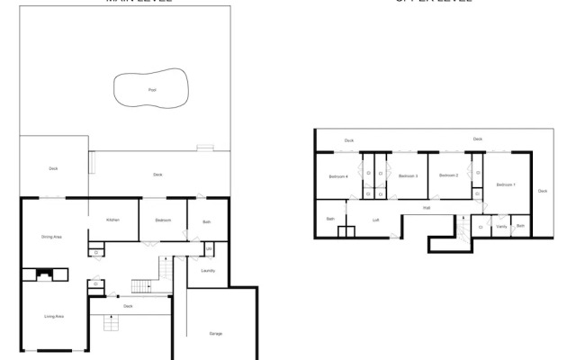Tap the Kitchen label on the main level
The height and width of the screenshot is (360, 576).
[x=113, y=220]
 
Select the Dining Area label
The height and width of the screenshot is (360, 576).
[x=51, y=237]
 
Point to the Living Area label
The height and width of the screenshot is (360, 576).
[x=54, y=317]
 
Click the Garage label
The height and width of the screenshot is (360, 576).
[x=216, y=334]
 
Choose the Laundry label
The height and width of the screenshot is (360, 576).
[x=207, y=270]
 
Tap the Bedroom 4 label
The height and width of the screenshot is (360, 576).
[x=338, y=175]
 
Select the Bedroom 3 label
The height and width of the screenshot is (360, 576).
[x=408, y=175]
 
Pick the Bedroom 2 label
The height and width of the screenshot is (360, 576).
[x=449, y=175]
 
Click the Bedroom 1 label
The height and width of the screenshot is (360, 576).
[x=506, y=184]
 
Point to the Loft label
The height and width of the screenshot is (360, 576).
[x=376, y=220]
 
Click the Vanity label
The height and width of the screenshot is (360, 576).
[x=501, y=227]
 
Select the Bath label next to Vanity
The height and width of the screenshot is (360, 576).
[x=520, y=226]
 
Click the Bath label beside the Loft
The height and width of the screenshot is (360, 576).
[x=330, y=219]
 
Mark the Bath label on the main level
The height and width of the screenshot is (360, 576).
[x=206, y=220]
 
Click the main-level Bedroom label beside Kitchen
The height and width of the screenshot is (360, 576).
[x=163, y=220]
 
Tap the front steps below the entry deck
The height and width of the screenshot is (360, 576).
[x=112, y=322]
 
